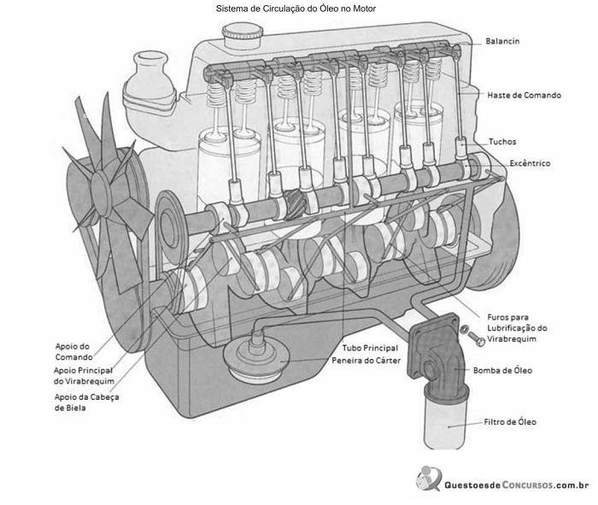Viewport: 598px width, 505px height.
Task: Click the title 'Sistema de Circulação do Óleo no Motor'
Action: coord(296,9)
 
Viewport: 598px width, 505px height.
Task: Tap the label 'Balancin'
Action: coord(502,41)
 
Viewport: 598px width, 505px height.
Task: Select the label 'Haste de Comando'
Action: coord(524,96)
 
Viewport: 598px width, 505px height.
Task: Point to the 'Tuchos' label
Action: coord(502,142)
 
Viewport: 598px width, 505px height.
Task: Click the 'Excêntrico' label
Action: coord(530,163)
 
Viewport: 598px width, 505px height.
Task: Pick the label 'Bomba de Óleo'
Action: coord(502,370)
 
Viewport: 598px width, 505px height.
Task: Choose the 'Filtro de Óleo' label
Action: coord(510,422)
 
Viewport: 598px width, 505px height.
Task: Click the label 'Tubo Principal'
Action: coord(370,349)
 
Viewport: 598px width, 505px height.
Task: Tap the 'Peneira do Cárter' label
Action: coord(366,361)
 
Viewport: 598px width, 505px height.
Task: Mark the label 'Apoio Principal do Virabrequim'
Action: coord(84,376)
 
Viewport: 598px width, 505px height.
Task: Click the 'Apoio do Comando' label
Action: coord(74,352)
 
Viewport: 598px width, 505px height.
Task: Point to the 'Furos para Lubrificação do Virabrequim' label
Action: coord(517,328)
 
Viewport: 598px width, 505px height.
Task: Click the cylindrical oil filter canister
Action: coord(445,420)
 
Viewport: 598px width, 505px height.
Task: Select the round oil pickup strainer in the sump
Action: coord(254,358)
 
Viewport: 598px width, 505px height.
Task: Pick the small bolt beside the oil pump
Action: coord(476,338)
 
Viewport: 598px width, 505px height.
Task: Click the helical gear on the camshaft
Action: coord(296,205)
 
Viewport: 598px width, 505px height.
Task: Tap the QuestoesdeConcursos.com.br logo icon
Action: coord(429,479)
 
